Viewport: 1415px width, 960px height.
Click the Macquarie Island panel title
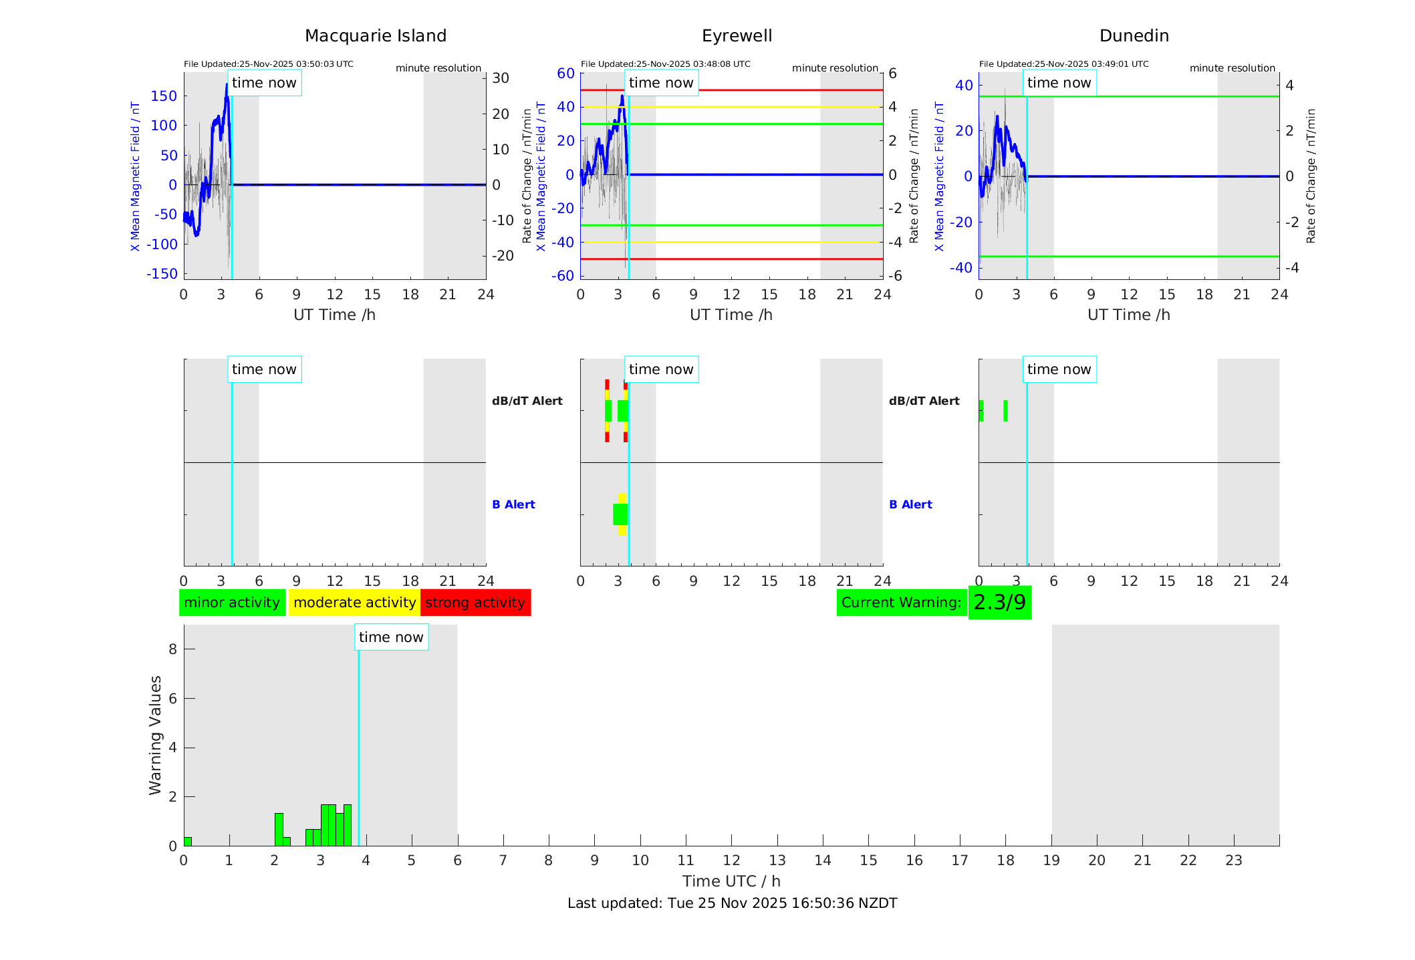tap(376, 36)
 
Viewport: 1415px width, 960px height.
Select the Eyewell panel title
tap(737, 36)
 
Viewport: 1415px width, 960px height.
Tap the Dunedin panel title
tap(1134, 36)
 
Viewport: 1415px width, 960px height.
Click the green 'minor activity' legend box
tap(232, 603)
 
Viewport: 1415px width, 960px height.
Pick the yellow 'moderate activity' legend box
tap(354, 603)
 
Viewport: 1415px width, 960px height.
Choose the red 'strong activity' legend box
tap(475, 603)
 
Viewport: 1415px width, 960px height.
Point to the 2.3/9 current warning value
tap(999, 603)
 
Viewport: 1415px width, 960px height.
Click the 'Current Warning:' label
tap(901, 603)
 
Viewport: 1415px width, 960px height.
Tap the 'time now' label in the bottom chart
tap(391, 637)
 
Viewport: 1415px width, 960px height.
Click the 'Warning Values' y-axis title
tap(156, 735)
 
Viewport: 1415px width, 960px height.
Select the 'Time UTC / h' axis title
tap(731, 881)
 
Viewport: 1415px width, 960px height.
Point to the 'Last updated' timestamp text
tap(732, 903)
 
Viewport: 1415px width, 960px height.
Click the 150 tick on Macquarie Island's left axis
tap(164, 96)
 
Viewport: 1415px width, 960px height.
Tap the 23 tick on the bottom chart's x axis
tap(1233, 860)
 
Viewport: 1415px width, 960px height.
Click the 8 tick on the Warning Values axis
tap(172, 649)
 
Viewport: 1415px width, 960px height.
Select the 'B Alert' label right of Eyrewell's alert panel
tap(910, 504)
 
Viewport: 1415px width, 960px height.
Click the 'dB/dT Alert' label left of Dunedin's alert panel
tap(924, 401)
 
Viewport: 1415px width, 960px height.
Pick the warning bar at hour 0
tap(188, 842)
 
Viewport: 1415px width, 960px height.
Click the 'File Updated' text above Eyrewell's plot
tap(665, 64)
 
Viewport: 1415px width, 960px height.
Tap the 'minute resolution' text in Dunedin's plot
tap(1232, 68)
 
